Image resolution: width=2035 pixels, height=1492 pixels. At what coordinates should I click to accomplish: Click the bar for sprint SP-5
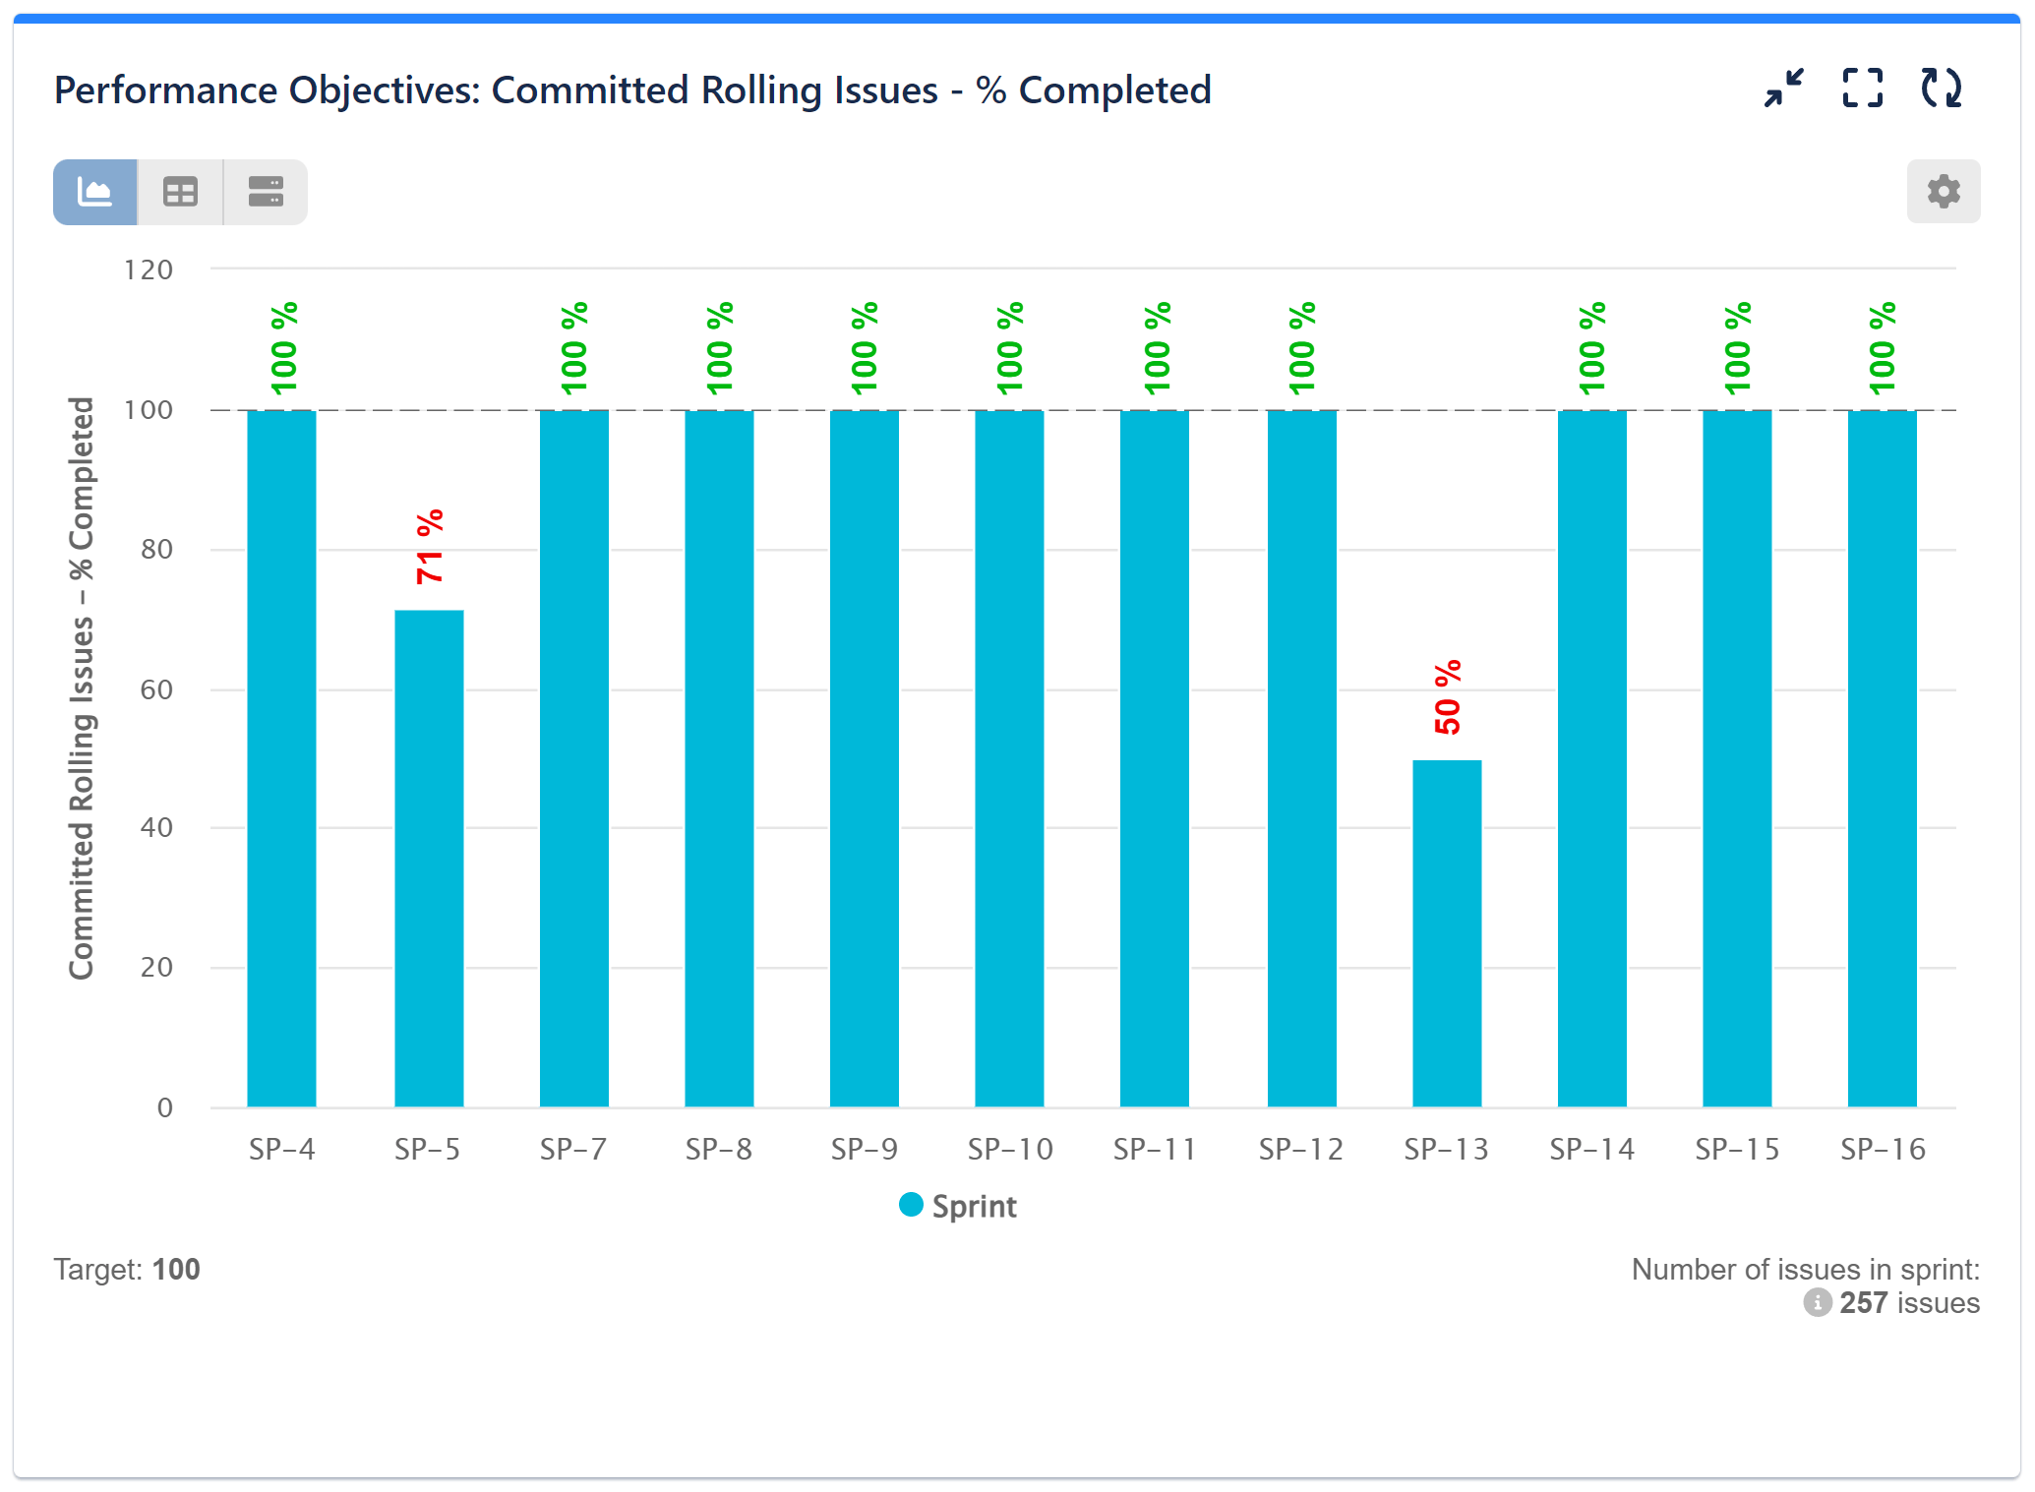(x=429, y=856)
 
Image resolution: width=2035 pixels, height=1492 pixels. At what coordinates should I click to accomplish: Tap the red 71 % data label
(x=430, y=547)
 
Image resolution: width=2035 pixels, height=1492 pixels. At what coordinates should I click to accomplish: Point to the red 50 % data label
(x=1448, y=697)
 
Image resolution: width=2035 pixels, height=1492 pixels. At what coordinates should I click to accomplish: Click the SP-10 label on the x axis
(x=1010, y=1149)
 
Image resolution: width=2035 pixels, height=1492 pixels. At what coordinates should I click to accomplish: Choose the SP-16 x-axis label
(x=1883, y=1149)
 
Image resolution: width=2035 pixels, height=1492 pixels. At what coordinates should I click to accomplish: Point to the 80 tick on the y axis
(x=156, y=549)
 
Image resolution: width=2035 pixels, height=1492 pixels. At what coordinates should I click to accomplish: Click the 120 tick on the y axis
(x=149, y=269)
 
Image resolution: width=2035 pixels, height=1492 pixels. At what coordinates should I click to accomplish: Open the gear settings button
(x=1943, y=191)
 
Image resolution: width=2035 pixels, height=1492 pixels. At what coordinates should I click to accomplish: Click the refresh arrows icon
(x=1941, y=89)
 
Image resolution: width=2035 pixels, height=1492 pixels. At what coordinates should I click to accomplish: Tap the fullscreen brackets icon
(x=1862, y=89)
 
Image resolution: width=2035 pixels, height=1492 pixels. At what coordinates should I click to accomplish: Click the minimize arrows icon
(x=1783, y=89)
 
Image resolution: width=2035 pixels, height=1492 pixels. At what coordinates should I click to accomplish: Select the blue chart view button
(x=95, y=192)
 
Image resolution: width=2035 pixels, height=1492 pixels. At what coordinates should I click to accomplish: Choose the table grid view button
(x=180, y=192)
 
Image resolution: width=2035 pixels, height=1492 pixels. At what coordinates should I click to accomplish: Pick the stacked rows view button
(x=266, y=192)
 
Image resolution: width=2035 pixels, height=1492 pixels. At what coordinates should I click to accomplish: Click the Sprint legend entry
(x=959, y=1206)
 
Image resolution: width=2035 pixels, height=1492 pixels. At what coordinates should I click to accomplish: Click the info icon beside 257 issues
(x=1817, y=1302)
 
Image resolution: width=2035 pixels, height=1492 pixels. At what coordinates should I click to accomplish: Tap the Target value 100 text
(x=176, y=1269)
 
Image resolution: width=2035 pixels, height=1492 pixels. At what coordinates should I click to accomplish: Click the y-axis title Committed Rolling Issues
(x=82, y=688)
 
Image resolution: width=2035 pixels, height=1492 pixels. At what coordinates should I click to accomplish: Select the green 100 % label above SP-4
(x=284, y=348)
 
